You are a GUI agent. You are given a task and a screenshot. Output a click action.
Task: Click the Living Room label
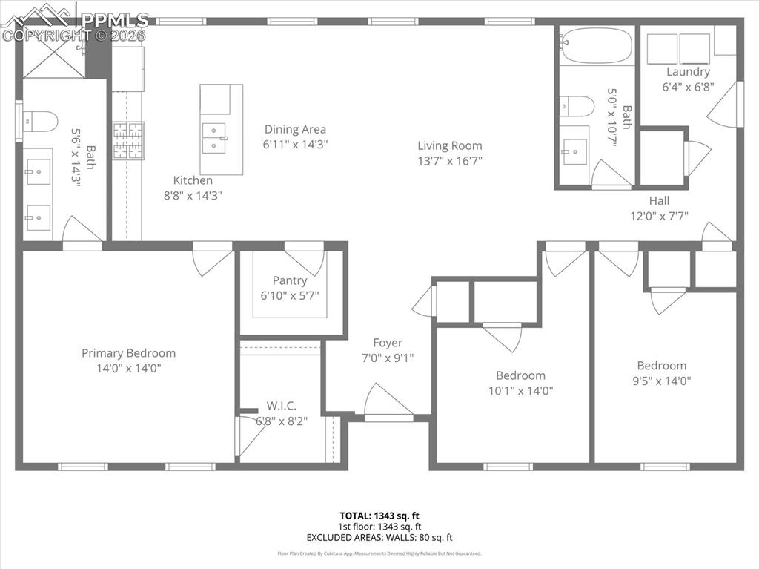[x=449, y=146]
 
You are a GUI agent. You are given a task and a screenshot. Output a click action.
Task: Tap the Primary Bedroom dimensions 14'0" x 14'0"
[x=128, y=367]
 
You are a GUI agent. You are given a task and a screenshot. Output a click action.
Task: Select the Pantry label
[x=289, y=280]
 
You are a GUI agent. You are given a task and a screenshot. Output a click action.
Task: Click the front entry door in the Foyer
[x=388, y=403]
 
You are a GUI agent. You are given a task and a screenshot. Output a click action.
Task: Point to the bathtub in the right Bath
[x=597, y=46]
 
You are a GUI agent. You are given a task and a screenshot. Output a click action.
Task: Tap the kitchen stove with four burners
[x=127, y=141]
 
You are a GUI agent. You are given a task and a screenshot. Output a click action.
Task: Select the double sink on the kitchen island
[x=213, y=137]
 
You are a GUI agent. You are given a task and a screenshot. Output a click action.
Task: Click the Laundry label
[x=688, y=72]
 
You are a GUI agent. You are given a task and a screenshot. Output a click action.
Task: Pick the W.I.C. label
[x=281, y=406]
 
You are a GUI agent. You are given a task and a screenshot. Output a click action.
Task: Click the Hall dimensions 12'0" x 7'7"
[x=659, y=216]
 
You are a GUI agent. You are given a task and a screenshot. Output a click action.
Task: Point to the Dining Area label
[x=295, y=129]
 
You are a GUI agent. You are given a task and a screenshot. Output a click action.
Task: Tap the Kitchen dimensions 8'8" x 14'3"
[x=193, y=195]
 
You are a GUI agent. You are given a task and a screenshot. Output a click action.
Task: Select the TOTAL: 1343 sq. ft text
[x=379, y=515]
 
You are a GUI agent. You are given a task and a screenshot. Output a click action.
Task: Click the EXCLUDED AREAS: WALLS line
[x=379, y=537]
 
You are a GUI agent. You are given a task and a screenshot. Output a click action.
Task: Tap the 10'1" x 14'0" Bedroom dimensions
[x=520, y=390]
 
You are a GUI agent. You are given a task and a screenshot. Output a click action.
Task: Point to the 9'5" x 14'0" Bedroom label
[x=661, y=365]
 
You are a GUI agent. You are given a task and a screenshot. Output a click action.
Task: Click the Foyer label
[x=388, y=343]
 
